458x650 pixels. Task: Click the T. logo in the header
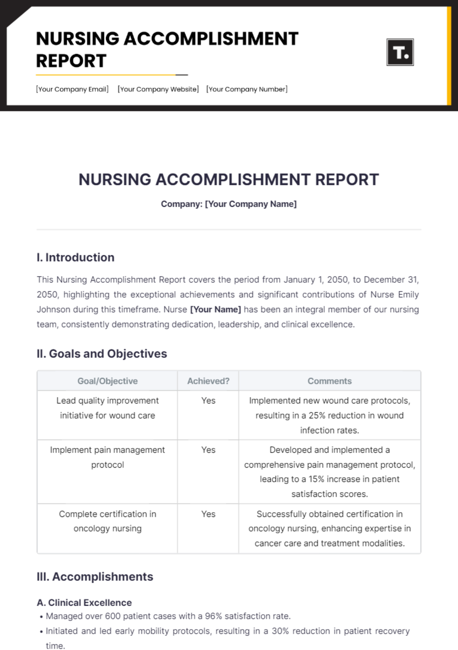(x=400, y=52)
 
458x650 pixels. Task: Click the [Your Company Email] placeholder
(x=72, y=89)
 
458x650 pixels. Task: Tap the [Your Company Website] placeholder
(x=158, y=89)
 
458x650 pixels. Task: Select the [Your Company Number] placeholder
(x=247, y=89)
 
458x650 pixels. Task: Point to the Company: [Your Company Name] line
(x=229, y=204)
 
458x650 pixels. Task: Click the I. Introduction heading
(x=76, y=257)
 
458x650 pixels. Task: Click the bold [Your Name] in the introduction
(x=215, y=310)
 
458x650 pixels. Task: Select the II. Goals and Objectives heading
(x=102, y=353)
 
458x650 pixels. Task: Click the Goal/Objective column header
(x=107, y=381)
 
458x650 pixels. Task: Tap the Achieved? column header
(x=208, y=381)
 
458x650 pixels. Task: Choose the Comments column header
(x=329, y=381)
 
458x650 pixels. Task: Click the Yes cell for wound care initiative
(x=208, y=400)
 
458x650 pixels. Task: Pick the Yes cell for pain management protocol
(x=208, y=450)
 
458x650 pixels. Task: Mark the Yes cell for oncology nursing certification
(x=208, y=514)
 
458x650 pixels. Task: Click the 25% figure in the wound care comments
(x=316, y=415)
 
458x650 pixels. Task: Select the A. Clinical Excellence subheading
(x=84, y=603)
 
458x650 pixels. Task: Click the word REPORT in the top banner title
(x=71, y=61)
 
